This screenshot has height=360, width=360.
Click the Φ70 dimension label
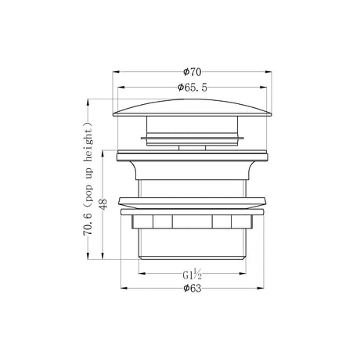(x=193, y=72)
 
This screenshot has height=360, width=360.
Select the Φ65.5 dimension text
(x=193, y=88)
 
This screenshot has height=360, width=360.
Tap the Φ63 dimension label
(x=193, y=288)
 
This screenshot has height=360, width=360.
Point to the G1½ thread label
(x=193, y=275)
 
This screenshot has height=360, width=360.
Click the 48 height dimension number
(x=103, y=204)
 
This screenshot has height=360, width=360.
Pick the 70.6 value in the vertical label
(x=88, y=225)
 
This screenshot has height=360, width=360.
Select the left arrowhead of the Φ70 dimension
(x=116, y=72)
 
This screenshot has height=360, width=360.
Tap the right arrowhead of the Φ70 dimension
(x=268, y=72)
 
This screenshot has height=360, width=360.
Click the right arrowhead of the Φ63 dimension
(x=261, y=288)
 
